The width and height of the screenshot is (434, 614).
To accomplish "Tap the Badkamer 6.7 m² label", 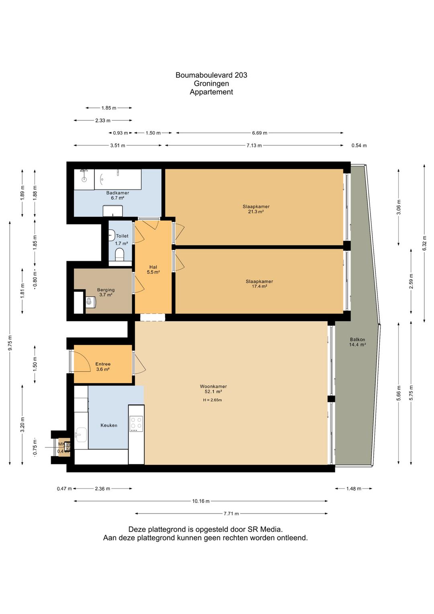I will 117,195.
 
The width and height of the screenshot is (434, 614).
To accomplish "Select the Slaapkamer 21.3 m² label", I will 256,209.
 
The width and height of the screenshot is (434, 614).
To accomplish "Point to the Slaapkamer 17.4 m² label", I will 259,284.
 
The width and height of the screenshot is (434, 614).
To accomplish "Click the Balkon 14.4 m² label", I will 357,342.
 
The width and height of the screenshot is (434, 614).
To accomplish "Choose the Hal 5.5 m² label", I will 153,270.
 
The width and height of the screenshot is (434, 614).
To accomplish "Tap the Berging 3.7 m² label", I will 106,292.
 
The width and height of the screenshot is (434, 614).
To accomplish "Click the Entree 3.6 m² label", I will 103,367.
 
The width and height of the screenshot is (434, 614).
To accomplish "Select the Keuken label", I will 109,425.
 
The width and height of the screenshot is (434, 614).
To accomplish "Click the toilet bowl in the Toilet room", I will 119,254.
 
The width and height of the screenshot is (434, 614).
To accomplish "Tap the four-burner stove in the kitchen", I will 136,423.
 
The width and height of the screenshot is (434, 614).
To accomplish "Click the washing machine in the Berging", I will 90,301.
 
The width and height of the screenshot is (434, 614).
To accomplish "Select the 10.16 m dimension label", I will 201,501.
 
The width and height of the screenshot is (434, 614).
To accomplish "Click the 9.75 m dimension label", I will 10,342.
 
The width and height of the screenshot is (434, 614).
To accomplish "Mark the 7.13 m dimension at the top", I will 254,145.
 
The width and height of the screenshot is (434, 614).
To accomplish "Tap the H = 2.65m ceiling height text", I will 213,400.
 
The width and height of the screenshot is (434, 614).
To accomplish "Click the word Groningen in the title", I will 211,83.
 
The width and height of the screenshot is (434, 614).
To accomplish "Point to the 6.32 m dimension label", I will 424,243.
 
